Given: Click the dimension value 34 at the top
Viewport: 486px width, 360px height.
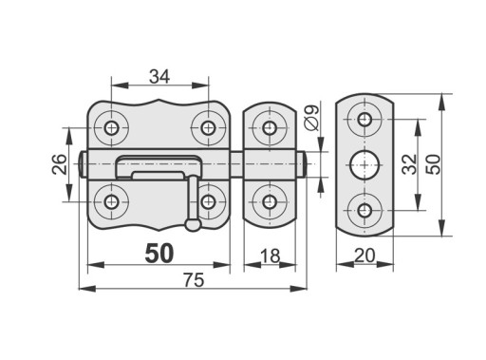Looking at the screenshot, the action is pos(159,77).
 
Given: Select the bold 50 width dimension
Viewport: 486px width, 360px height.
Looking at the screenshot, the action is pos(159,254).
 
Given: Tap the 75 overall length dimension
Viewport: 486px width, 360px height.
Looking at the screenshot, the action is pos(194,280).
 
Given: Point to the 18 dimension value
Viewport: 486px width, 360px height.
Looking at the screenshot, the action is pos(270,256).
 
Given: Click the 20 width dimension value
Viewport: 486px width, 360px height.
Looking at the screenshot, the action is pos(364,256).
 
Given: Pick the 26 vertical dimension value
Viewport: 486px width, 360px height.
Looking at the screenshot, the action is pos(60,164).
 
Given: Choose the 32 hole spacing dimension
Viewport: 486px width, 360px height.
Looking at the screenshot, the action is pos(409,164).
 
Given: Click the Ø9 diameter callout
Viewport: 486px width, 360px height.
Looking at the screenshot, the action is pos(312,118).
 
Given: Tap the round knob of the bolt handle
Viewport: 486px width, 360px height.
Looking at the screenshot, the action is pos(193,224).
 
